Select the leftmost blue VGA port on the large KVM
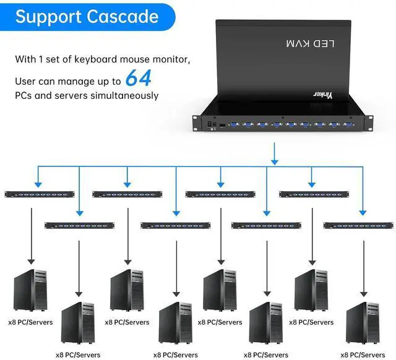click(x=234, y=125)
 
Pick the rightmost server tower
click(x=363, y=322)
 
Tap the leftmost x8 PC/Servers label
click(x=30, y=322)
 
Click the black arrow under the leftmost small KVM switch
click(x=30, y=235)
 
